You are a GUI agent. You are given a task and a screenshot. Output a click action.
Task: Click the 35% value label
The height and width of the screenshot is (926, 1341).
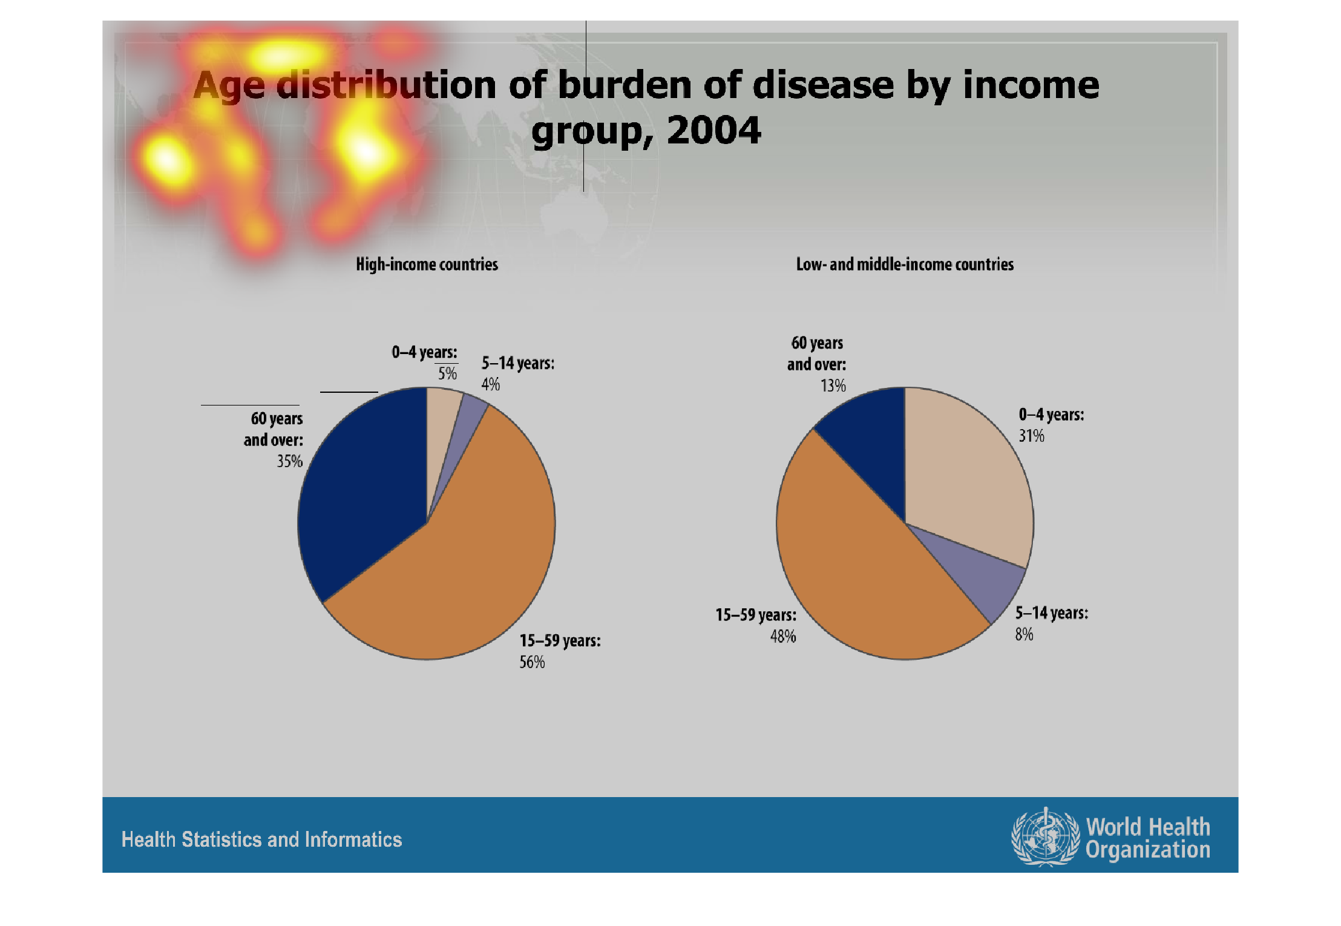tap(289, 461)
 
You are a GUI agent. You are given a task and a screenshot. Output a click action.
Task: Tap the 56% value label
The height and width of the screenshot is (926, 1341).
tap(532, 662)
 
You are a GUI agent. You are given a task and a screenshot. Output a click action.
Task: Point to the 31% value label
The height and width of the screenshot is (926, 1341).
tap(1031, 436)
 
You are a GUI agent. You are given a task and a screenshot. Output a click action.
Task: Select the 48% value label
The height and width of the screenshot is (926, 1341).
tap(782, 637)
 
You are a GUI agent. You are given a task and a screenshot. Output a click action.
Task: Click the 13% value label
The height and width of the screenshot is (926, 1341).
tap(833, 386)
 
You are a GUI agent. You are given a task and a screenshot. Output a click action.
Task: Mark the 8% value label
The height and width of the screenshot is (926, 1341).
tap(1024, 634)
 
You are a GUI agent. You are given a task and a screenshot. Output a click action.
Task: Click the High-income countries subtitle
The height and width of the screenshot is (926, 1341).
tap(427, 264)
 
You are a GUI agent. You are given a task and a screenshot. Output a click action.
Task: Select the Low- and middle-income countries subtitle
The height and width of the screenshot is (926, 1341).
tap(905, 264)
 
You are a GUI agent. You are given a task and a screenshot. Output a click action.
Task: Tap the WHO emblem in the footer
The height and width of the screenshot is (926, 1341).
tap(1045, 837)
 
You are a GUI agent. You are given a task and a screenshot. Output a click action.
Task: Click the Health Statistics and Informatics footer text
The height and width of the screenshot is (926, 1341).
tap(261, 839)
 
